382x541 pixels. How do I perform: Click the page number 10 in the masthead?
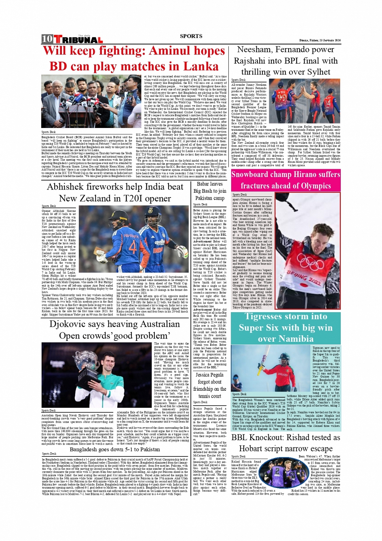click(x=47, y=39)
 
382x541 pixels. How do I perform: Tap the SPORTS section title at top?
click(x=191, y=36)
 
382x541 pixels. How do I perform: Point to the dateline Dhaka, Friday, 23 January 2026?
click(x=320, y=40)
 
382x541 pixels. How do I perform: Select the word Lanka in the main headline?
click(x=198, y=66)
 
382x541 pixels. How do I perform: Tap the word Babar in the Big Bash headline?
click(x=203, y=184)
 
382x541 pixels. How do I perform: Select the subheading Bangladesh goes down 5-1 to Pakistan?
click(x=115, y=449)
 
